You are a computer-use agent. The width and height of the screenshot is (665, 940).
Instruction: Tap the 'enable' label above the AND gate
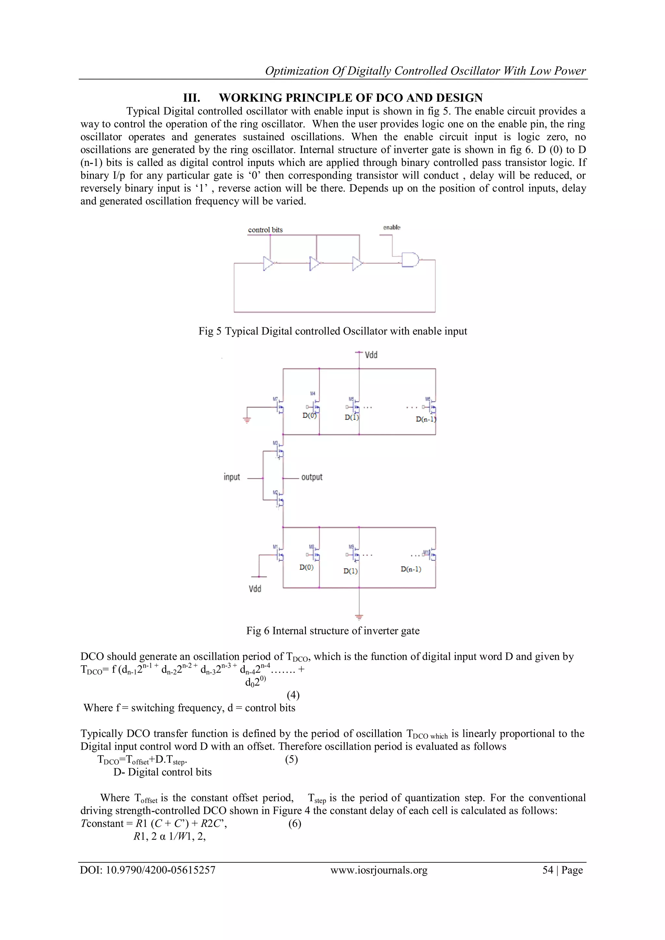coord(392,227)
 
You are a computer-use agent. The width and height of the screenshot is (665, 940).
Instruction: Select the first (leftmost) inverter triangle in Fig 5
coord(268,264)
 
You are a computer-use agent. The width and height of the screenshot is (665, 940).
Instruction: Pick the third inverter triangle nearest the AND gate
coord(357,264)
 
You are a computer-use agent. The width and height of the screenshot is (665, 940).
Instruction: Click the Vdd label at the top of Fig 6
coord(371,355)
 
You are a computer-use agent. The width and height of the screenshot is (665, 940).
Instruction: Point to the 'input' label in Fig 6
coord(232,477)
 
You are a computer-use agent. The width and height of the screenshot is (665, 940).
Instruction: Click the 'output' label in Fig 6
coord(312,477)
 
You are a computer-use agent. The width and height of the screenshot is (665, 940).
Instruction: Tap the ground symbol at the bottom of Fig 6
coord(359,617)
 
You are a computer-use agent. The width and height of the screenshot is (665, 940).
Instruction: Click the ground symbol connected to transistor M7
coord(246,420)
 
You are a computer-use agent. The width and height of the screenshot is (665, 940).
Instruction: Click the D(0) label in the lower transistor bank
coord(306,568)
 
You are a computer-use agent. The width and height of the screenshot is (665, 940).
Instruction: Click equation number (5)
coord(291,759)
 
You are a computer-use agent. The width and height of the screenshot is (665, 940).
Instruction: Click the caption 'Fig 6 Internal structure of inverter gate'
coord(332,631)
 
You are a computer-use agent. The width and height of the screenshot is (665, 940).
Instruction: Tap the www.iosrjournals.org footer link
coord(379,870)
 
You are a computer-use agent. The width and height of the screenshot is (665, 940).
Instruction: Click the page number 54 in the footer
coord(548,870)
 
